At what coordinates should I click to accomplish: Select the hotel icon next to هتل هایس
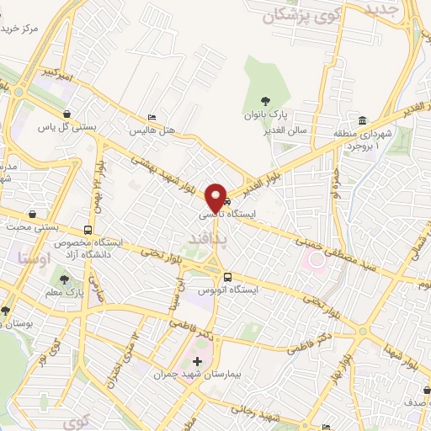pyautogui.click(x=152, y=117)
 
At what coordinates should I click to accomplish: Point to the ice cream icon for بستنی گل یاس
pyautogui.click(x=67, y=114)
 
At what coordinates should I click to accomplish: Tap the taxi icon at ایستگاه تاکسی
pyautogui.click(x=226, y=202)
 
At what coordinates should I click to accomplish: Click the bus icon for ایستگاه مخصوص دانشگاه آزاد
pyautogui.click(x=88, y=229)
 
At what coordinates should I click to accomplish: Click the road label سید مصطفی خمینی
pyautogui.click(x=328, y=242)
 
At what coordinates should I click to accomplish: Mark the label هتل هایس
pyautogui.click(x=151, y=131)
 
